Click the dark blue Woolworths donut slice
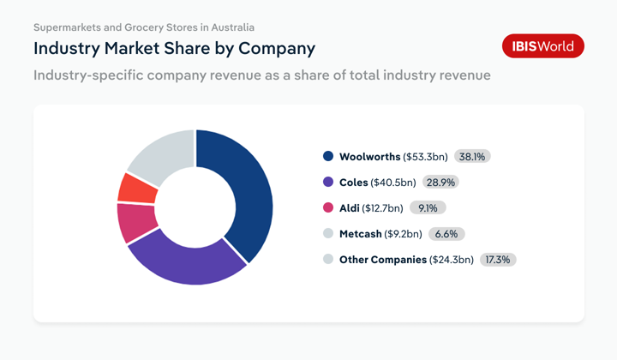coord(249,189)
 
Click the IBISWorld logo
coord(542,46)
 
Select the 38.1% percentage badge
coord(472,157)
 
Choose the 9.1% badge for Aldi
coord(428,207)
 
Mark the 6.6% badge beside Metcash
coord(446,233)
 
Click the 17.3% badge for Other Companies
coord(498,259)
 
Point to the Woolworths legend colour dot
coord(327,157)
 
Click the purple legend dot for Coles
coord(327,183)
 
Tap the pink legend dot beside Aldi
coord(327,207)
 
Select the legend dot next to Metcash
coord(327,233)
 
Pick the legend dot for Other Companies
coord(327,259)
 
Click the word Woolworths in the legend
coord(369,157)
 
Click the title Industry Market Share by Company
coord(175,48)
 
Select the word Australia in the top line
coord(230,27)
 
